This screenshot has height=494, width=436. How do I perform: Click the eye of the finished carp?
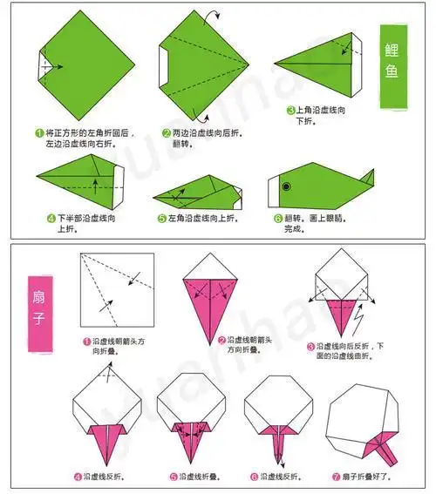tap(285, 184)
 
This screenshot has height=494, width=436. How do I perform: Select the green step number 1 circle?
tap(39, 133)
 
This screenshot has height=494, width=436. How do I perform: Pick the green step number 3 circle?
tap(290, 111)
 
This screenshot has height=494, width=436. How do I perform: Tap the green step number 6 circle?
tap(278, 219)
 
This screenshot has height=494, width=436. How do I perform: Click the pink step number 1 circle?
tap(87, 342)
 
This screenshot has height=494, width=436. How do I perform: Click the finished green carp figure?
tap(318, 187)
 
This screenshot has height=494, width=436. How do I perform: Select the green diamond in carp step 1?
tap(78, 65)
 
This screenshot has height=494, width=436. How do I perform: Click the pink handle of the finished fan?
tap(384, 449)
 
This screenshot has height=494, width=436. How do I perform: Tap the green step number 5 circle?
tap(162, 219)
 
